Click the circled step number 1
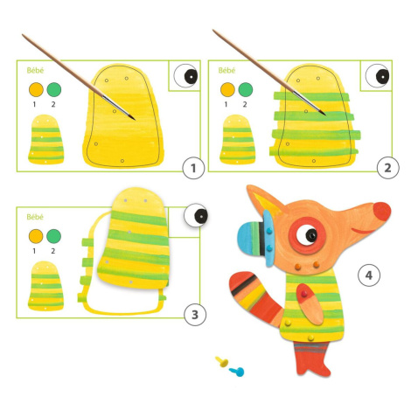coord(193,168)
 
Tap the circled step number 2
coord(387,168)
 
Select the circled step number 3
coord(195,315)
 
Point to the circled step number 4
coord(369,275)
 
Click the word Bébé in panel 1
coord(35,70)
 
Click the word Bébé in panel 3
coord(35,217)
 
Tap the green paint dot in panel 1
coord(54,89)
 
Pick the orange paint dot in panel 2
coord(227,89)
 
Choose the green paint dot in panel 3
coord(53,236)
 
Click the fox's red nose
coord(382,212)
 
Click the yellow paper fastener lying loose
coord(222,361)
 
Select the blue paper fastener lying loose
coord(237,372)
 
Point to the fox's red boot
coord(312,359)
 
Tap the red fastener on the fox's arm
coord(304,294)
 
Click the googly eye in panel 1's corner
coord(185,76)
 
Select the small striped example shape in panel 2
coord(237,139)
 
